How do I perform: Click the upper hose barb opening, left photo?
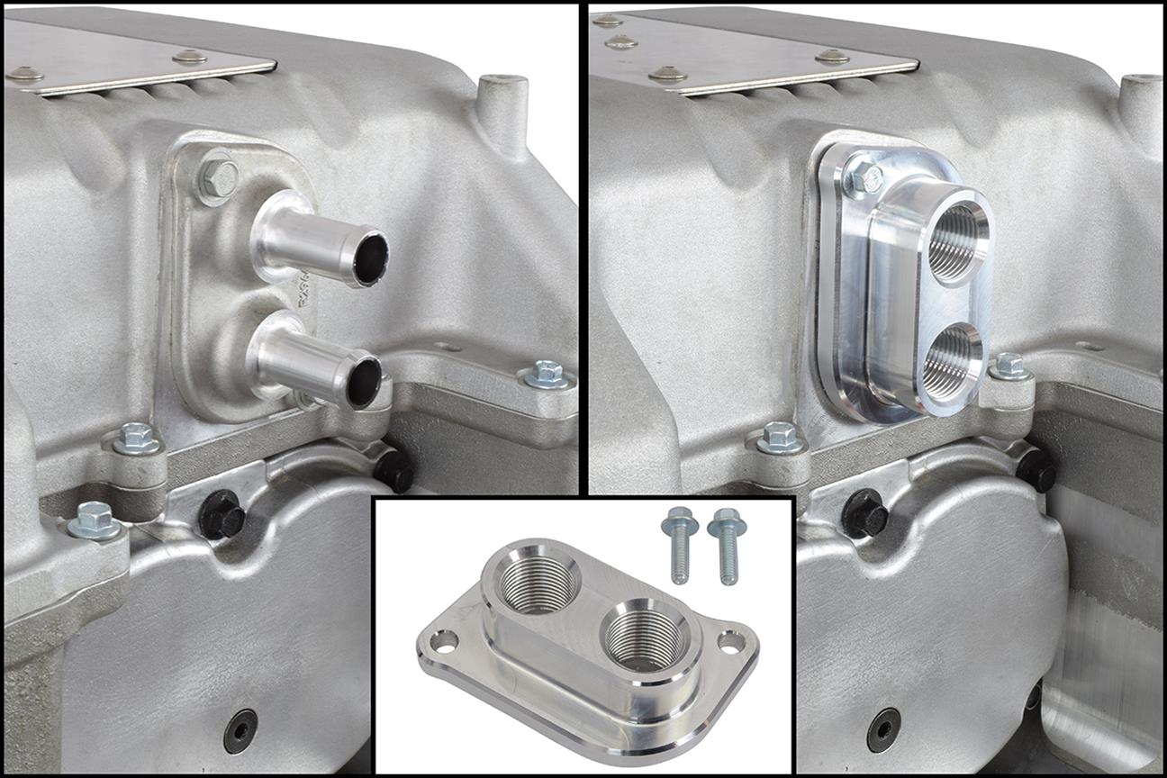coord(370,257)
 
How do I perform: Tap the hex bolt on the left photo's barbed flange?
coord(218,178)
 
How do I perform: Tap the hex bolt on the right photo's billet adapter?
coord(864,179)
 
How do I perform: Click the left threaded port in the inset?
coord(538,583)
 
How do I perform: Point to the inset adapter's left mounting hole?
coord(444,640)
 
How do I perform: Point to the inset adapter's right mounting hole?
coord(731,642)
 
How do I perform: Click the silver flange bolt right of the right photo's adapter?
coord(1009,366)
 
